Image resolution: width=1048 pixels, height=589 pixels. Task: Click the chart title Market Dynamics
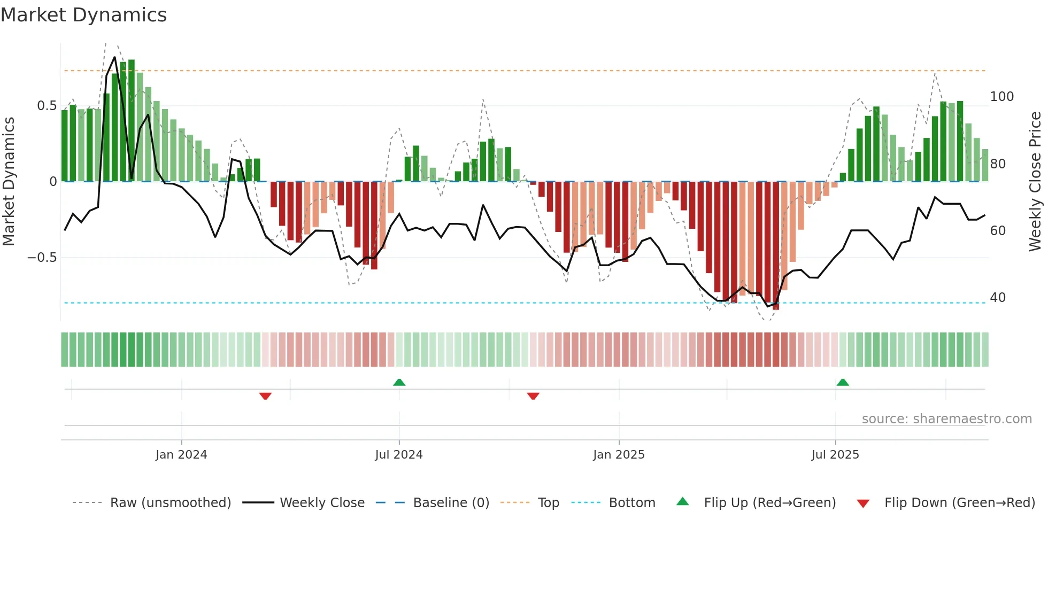[83, 15]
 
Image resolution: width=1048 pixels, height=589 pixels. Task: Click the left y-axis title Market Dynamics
[9, 181]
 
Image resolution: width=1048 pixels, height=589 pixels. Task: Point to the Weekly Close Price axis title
[1035, 181]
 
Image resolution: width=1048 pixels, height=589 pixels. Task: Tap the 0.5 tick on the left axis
[47, 106]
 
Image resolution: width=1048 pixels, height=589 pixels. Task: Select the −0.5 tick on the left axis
[42, 258]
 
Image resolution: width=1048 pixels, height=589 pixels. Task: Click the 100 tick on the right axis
[1001, 97]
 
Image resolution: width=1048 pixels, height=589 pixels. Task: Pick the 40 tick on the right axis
[997, 298]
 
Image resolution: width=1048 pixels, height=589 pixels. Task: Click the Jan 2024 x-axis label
[181, 455]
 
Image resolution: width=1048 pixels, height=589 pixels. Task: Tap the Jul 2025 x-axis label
[835, 455]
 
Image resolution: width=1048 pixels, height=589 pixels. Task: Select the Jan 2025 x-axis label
[619, 455]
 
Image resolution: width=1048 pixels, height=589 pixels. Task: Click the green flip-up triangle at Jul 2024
[399, 382]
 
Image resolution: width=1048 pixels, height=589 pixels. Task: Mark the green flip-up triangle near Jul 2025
[843, 382]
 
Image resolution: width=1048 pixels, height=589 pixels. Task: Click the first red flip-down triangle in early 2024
[265, 396]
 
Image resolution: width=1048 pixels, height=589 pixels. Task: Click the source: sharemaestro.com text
[946, 419]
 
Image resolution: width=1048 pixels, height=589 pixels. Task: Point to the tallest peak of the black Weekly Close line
[114, 58]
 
